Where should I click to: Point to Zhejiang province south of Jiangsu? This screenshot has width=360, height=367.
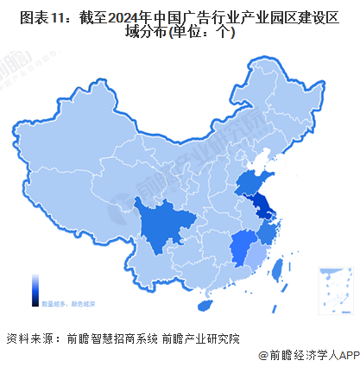269,233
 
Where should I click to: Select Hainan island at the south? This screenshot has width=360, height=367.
205,307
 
